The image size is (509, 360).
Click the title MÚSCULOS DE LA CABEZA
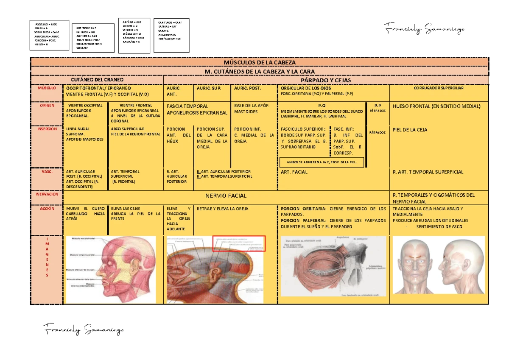click(x=260, y=62)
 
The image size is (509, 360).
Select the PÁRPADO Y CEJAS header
click(x=325, y=80)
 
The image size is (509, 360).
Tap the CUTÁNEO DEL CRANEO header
click(x=97, y=80)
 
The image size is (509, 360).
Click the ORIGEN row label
click(x=47, y=106)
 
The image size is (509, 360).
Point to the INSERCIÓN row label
click(x=47, y=129)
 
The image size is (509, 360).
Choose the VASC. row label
click(x=47, y=171)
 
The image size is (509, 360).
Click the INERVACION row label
click(x=47, y=194)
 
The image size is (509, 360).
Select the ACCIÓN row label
click(x=47, y=209)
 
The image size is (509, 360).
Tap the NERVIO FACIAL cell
click(x=226, y=196)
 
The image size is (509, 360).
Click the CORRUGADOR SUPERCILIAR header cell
click(x=439, y=88)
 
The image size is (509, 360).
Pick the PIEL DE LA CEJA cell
click(x=410, y=130)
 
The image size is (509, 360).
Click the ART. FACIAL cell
click(x=294, y=172)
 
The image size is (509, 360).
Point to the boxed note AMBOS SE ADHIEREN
click(x=322, y=162)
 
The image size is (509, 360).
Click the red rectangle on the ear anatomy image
click(x=238, y=243)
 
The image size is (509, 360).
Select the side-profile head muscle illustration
click(x=111, y=270)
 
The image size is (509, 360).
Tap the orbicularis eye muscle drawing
click(x=333, y=270)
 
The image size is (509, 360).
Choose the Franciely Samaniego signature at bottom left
click(x=84, y=329)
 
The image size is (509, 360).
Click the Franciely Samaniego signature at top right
click(x=424, y=29)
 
